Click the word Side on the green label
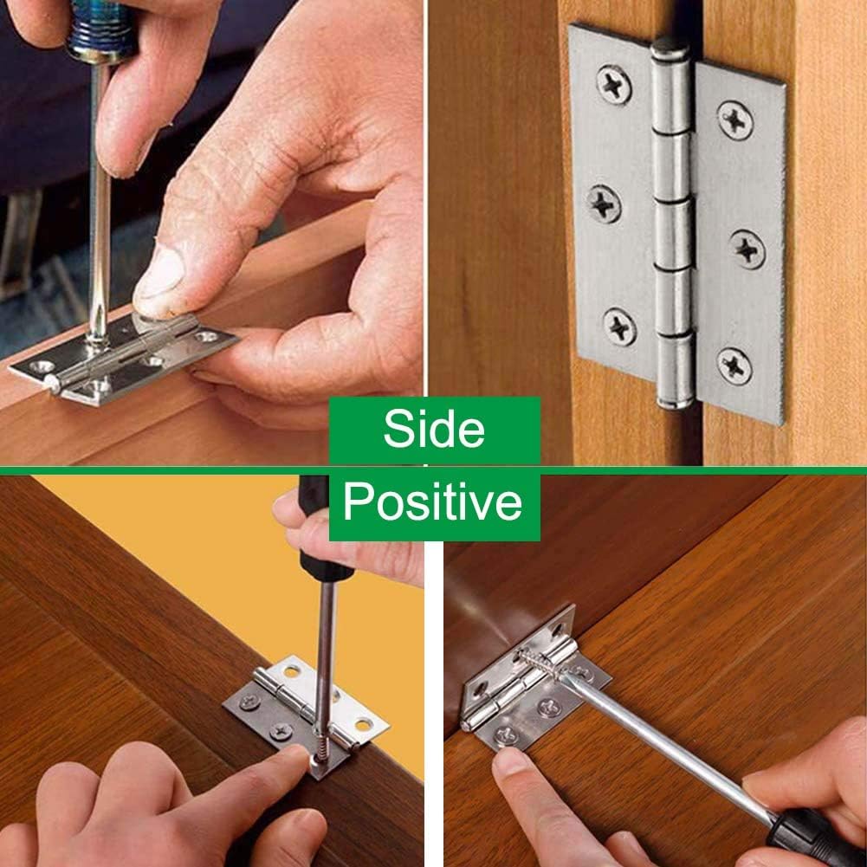[x=434, y=428]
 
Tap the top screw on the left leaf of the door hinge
[x=614, y=85]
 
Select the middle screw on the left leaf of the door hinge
[x=603, y=204]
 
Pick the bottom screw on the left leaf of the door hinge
[x=619, y=328]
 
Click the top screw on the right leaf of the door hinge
[x=734, y=120]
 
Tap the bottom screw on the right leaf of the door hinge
[x=734, y=366]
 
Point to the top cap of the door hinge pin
[x=670, y=50]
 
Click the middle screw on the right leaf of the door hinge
[x=747, y=249]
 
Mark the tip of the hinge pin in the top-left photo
[x=51, y=382]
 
